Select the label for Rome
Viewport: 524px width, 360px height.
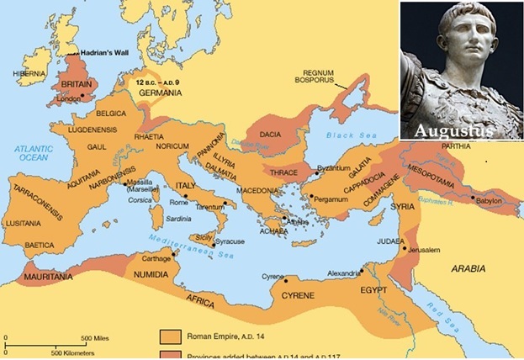point(178,202)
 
